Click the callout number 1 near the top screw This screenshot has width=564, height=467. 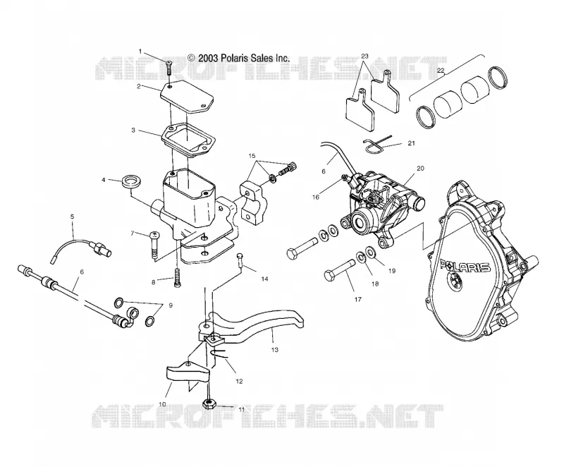(x=140, y=51)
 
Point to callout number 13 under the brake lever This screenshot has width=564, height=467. (x=275, y=350)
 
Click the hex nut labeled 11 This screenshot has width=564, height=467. (x=207, y=404)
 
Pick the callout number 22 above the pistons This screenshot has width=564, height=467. (x=441, y=71)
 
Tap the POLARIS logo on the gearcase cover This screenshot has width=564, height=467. (x=465, y=267)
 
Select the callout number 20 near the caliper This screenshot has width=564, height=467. (x=420, y=168)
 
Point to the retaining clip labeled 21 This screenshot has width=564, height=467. (x=374, y=146)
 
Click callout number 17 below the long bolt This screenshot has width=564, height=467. (x=358, y=299)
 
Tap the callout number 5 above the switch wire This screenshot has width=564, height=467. (x=73, y=217)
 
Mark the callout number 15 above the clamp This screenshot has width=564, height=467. (x=252, y=156)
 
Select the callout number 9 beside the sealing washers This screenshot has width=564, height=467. (x=171, y=305)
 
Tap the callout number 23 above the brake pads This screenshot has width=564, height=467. (x=364, y=56)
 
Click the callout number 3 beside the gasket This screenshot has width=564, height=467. (x=133, y=130)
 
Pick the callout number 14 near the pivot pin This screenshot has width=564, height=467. (x=265, y=279)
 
